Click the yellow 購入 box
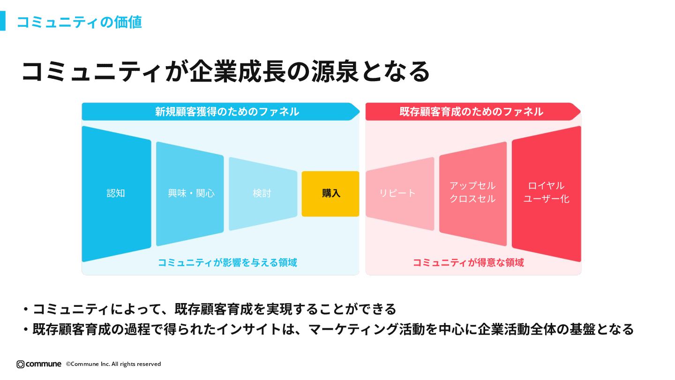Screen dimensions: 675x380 (x=330, y=194)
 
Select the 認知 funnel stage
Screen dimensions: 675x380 (x=116, y=193)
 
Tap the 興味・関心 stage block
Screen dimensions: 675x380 (x=190, y=193)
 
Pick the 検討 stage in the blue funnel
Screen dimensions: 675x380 (x=262, y=193)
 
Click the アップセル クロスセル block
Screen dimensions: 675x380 (x=472, y=192)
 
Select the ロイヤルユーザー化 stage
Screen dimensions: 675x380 (x=546, y=192)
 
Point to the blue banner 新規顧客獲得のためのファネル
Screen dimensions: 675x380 (x=227, y=112)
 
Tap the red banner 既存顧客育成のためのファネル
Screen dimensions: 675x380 (x=471, y=112)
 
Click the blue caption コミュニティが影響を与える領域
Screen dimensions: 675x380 (x=227, y=263)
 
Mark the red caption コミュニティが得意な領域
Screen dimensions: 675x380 (x=468, y=263)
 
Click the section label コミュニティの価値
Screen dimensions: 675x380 (x=79, y=22)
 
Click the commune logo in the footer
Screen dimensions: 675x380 (x=39, y=364)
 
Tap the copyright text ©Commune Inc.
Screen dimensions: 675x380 (x=113, y=364)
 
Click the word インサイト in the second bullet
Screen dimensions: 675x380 (x=249, y=329)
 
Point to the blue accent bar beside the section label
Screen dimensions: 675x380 (x=2, y=21)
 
